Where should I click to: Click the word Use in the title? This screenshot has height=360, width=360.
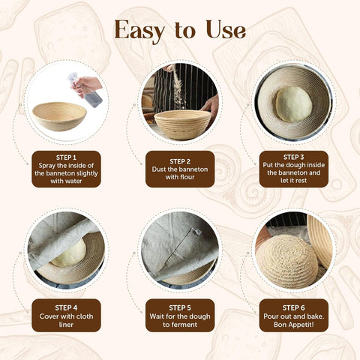click(x=223, y=30)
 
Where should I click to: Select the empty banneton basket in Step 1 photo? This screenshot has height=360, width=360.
click(x=60, y=116)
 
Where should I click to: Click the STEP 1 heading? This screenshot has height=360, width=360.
click(x=66, y=157)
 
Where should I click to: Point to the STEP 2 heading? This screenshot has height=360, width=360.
click(x=180, y=160)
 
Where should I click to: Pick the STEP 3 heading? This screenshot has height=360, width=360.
click(x=293, y=157)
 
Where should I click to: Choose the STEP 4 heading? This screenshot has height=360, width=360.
click(x=66, y=307)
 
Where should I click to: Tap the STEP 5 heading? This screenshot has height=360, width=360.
click(x=180, y=307)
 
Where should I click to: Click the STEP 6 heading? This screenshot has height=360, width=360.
click(x=293, y=307)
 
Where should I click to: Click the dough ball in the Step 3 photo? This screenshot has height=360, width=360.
click(x=293, y=103)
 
